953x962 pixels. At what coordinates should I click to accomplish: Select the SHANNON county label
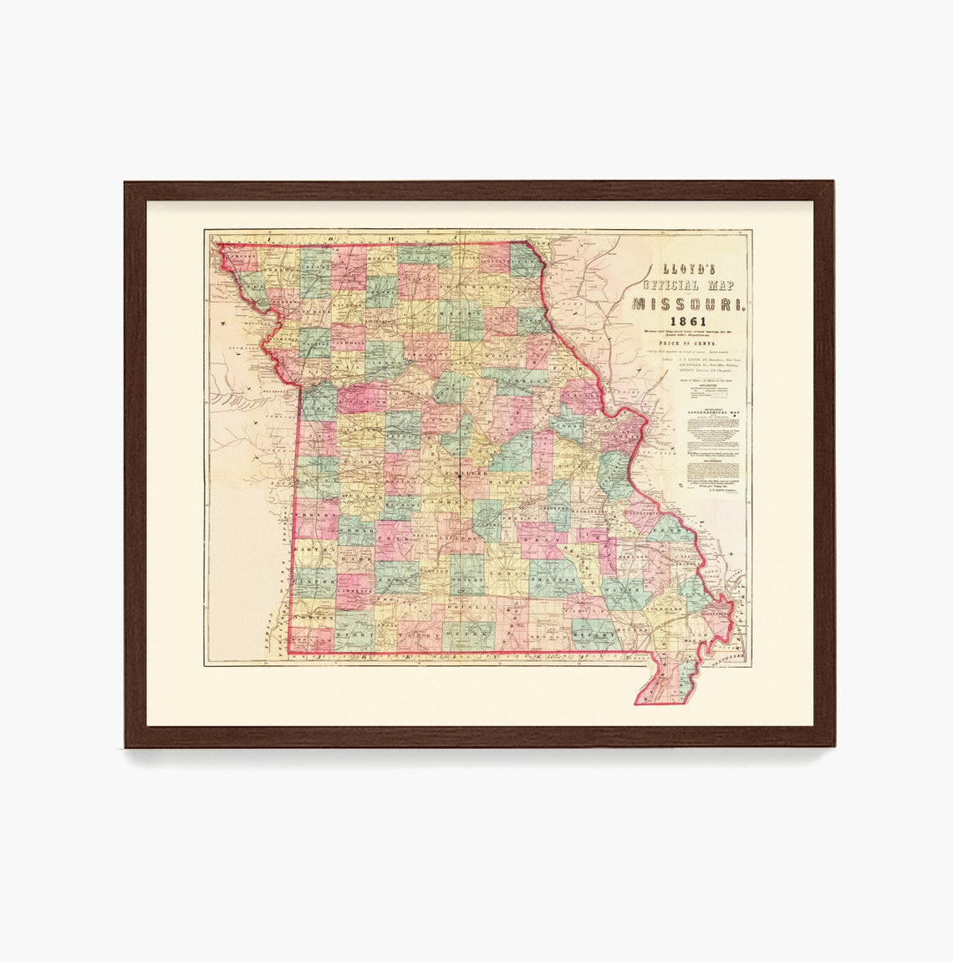(x=553, y=578)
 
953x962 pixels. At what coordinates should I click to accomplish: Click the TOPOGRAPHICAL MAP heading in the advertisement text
(x=711, y=413)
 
